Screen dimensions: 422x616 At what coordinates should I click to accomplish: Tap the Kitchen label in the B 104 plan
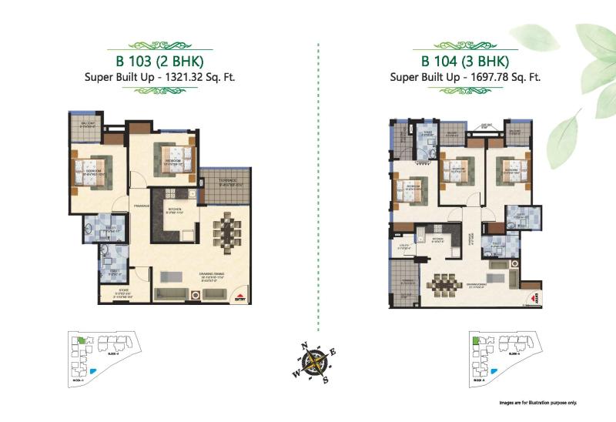tap(437, 239)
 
